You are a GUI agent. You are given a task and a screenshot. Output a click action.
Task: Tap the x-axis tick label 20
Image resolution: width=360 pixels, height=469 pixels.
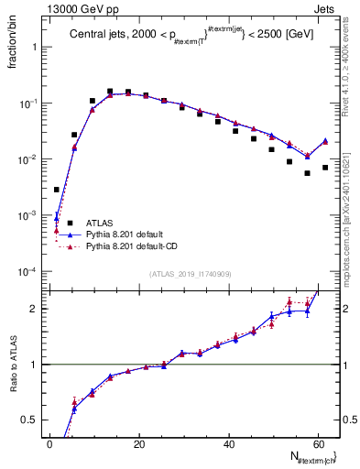pyautogui.click(x=138, y=442)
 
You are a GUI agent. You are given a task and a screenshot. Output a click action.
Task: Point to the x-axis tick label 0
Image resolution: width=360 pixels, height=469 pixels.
pyautogui.click(x=49, y=442)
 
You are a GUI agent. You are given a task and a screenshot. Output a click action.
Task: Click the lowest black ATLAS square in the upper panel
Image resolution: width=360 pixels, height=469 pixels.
pyautogui.click(x=57, y=190)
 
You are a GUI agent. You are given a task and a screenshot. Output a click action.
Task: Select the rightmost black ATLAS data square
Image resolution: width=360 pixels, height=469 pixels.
pyautogui.click(x=325, y=168)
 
